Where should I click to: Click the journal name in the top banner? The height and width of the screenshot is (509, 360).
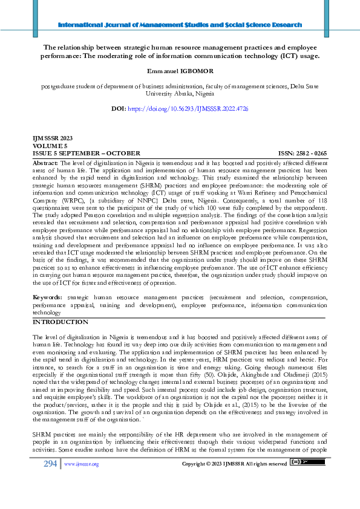tap(180, 25)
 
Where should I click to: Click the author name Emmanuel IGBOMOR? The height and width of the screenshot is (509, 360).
tap(180, 71)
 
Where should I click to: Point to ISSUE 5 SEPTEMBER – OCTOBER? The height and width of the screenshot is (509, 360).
tap(79, 154)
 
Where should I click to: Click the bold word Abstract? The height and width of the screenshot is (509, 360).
tap(45, 163)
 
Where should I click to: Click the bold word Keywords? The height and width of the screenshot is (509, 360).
tap(47, 298)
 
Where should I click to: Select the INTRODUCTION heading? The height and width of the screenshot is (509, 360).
tap(60, 322)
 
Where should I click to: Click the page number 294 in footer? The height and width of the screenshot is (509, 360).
tap(50, 481)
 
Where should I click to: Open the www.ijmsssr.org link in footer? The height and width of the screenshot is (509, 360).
tap(81, 481)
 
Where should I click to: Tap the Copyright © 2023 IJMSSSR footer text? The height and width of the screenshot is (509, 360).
tap(234, 481)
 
